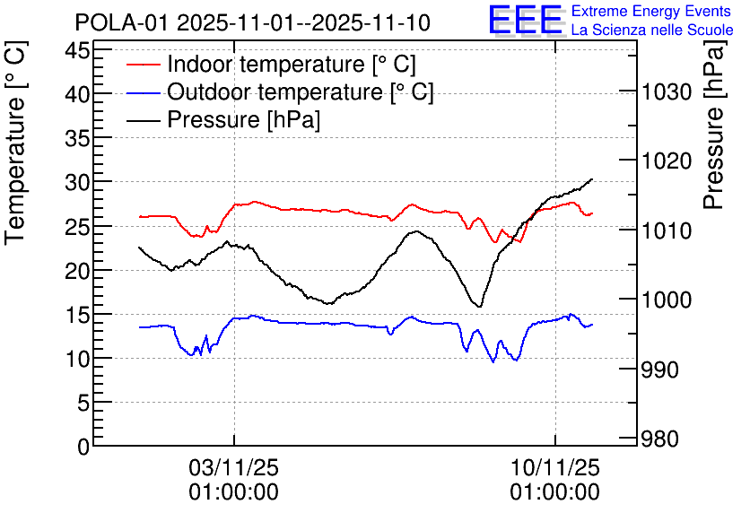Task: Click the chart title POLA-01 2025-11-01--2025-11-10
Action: [x=252, y=22]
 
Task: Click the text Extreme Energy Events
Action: [x=652, y=12]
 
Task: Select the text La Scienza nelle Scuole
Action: [x=652, y=30]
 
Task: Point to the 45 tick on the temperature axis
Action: [x=77, y=49]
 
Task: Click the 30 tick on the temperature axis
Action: [x=77, y=182]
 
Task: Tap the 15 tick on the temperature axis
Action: [x=77, y=315]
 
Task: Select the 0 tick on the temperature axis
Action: [x=83, y=447]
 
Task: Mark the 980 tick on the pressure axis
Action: [x=663, y=439]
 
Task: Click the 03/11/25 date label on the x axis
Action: [x=233, y=467]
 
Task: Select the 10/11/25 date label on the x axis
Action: [x=554, y=467]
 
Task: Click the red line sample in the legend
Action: [x=144, y=65]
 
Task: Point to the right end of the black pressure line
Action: [x=592, y=179]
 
